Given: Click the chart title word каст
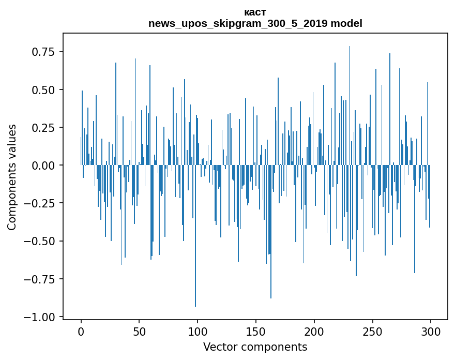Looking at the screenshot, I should (255, 12).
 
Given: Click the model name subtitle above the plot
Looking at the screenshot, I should (255, 23).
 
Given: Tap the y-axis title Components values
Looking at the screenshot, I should (11, 177).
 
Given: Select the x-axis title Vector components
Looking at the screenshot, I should (255, 347).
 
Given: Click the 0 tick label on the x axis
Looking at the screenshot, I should (81, 332).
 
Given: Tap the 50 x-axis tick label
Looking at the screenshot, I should (140, 332).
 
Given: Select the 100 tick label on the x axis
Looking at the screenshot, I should (198, 332).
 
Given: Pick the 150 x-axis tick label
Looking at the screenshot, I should (256, 332).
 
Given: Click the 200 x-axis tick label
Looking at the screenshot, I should (314, 332).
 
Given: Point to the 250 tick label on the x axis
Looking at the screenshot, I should (372, 332).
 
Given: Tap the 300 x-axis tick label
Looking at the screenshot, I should (431, 332).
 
